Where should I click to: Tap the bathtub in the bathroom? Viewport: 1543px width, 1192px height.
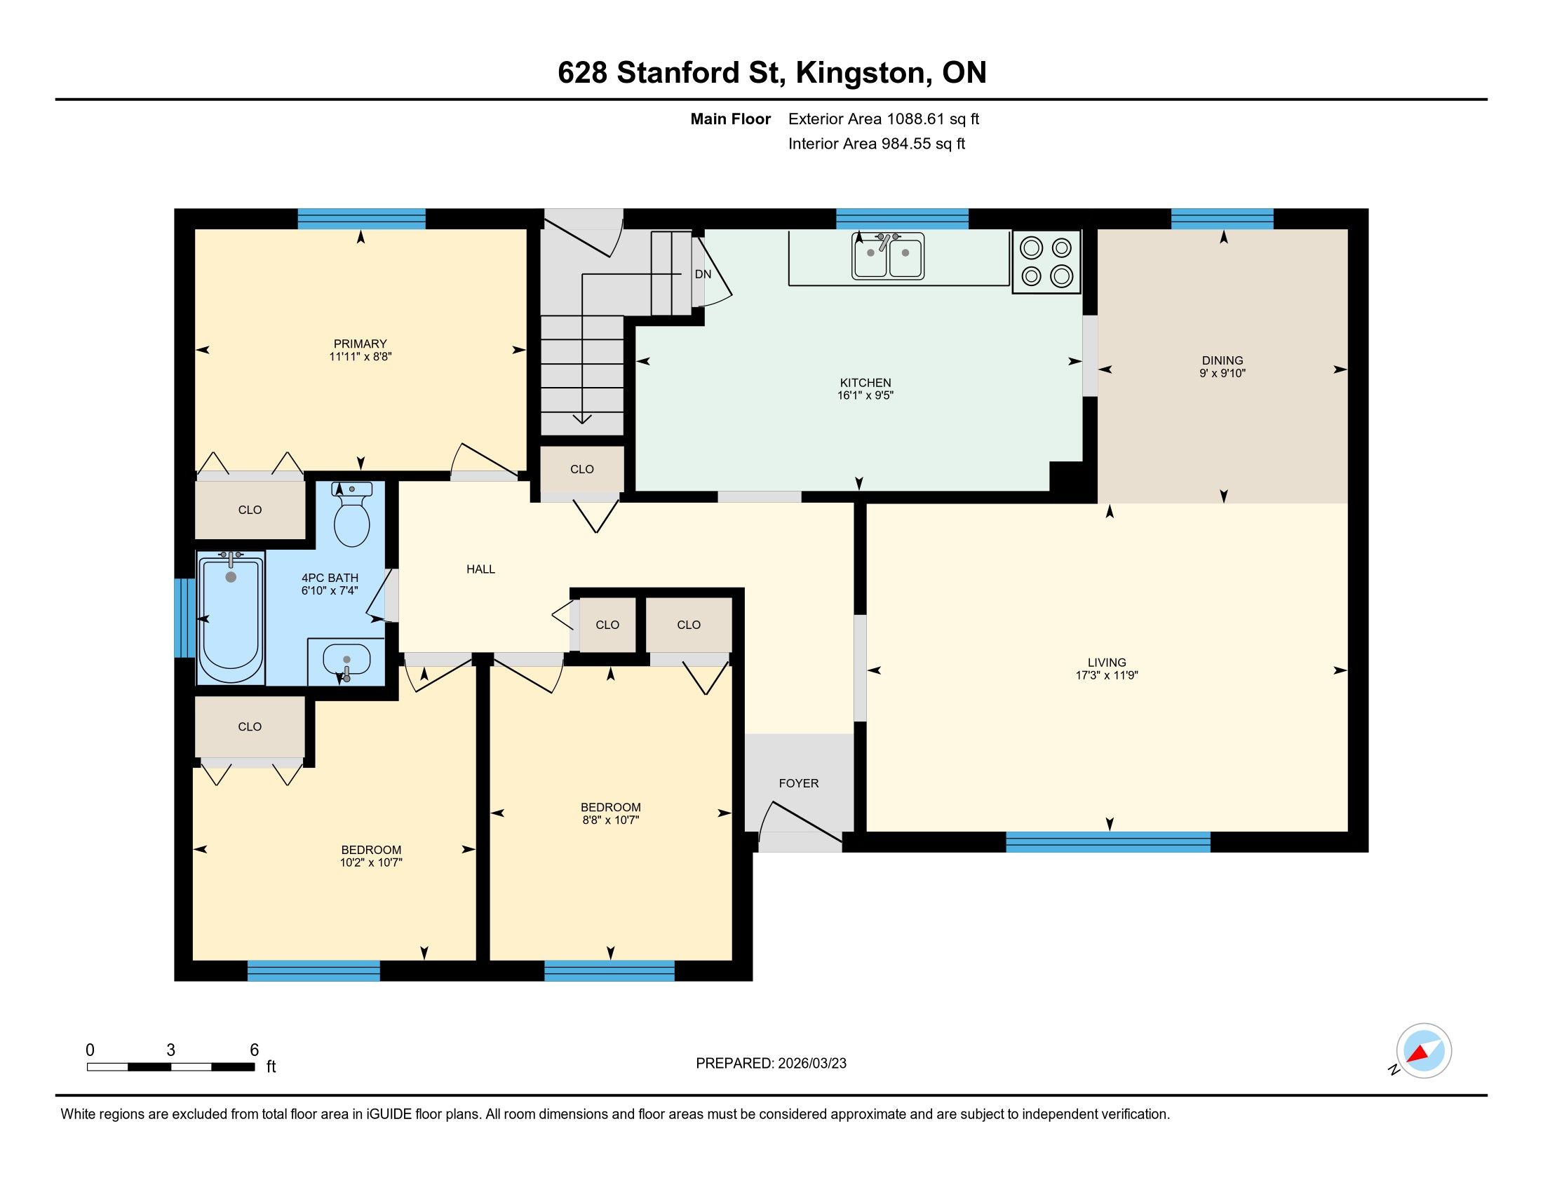pyautogui.click(x=231, y=619)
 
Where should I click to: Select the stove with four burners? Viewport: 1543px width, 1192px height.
pyautogui.click(x=1046, y=262)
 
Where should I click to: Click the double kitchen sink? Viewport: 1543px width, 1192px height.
pyautogui.click(x=888, y=257)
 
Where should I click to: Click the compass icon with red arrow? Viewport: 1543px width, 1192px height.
pyautogui.click(x=1424, y=1051)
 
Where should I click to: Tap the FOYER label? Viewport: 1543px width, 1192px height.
pyautogui.click(x=799, y=783)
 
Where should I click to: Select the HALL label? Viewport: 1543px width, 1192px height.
pyautogui.click(x=480, y=569)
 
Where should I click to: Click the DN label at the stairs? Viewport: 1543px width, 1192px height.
pyautogui.click(x=703, y=274)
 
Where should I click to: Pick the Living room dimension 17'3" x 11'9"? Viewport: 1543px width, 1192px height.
pyautogui.click(x=1106, y=675)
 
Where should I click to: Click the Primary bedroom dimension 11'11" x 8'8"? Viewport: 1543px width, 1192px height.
pyautogui.click(x=361, y=357)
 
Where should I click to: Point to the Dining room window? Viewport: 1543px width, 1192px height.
pyautogui.click(x=1222, y=219)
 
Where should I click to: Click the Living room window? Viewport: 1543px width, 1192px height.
pyautogui.click(x=1107, y=841)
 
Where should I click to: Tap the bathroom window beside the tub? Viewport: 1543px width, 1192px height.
pyautogui.click(x=184, y=618)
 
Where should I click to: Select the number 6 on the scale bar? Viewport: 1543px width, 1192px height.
pyautogui.click(x=255, y=1050)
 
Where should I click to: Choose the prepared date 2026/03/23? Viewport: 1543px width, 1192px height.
pyautogui.click(x=811, y=1064)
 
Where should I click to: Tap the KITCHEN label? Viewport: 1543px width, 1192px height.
pyautogui.click(x=865, y=383)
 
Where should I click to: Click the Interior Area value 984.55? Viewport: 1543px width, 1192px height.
pyautogui.click(x=906, y=143)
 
